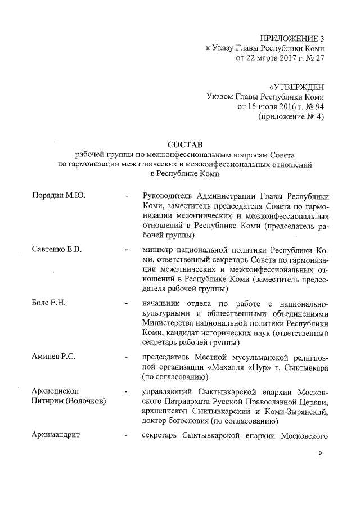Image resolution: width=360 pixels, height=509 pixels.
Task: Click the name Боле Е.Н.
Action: click(x=49, y=303)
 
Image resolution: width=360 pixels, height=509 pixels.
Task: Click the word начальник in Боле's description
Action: click(x=163, y=303)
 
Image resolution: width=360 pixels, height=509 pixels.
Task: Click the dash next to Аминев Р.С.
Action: click(x=128, y=358)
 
